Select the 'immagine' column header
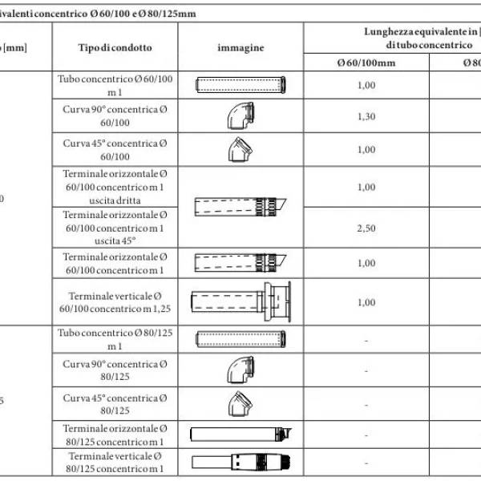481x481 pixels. tap(240, 47)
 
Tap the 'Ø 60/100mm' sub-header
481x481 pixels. tap(366, 62)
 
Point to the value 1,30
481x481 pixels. tap(366, 116)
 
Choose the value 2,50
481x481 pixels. tap(366, 228)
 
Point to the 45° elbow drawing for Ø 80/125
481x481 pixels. tap(240, 403)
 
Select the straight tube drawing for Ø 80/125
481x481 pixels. tap(240, 338)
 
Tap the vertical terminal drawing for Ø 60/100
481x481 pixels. tap(240, 302)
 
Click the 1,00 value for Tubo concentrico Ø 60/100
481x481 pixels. tap(366, 86)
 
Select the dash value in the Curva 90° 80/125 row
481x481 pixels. tap(366, 371)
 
